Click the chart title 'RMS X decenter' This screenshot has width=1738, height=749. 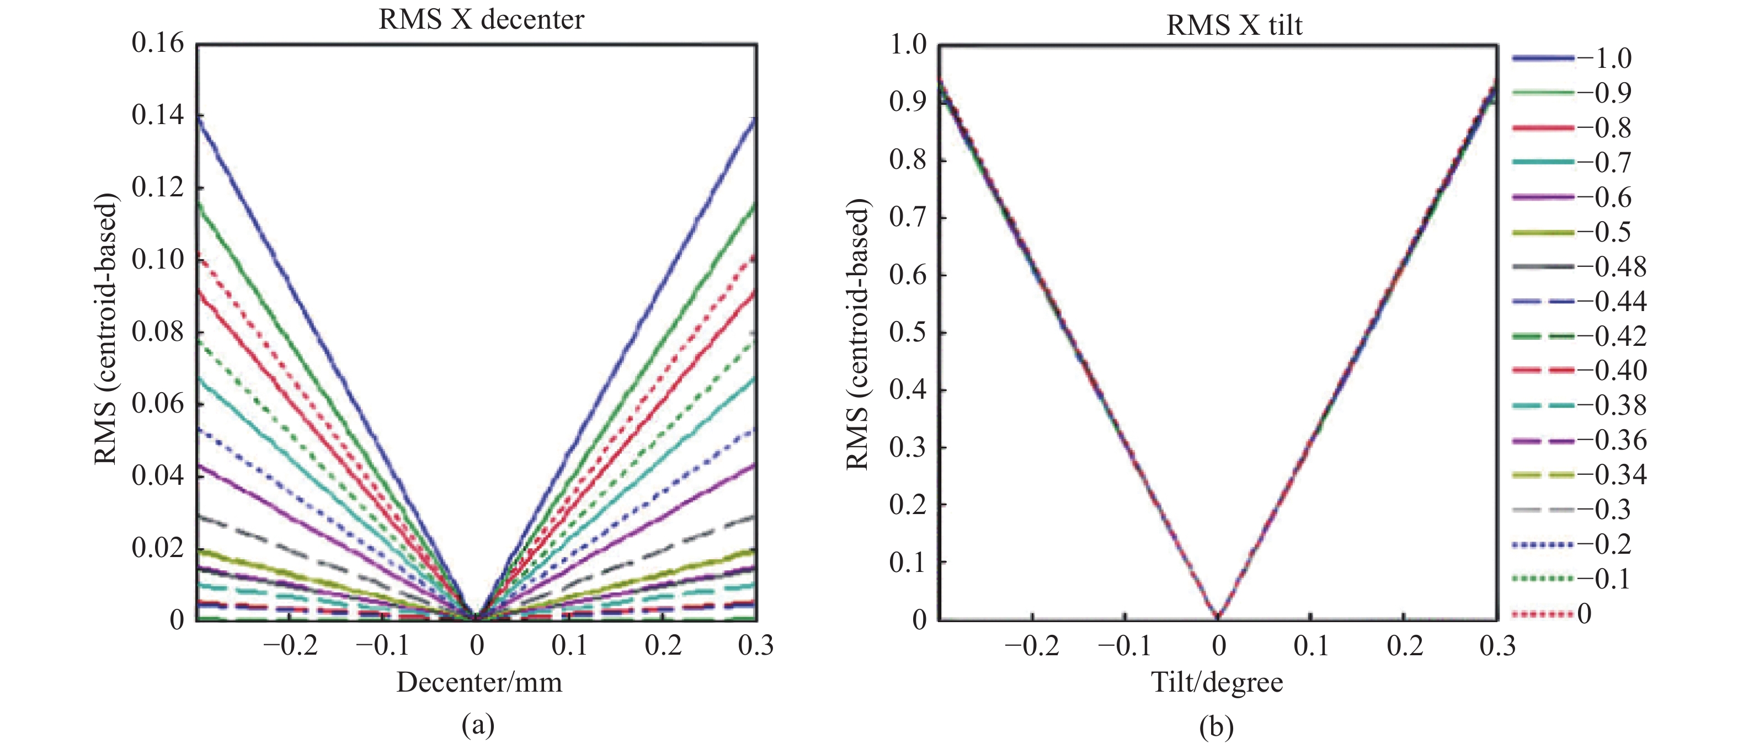click(x=481, y=19)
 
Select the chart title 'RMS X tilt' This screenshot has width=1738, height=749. click(x=1234, y=25)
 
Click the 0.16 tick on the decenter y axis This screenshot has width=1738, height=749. click(x=157, y=43)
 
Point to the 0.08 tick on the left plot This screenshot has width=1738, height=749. click(x=157, y=331)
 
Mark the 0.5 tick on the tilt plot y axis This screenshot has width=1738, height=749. click(x=908, y=333)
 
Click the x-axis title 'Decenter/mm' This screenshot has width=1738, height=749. click(x=479, y=682)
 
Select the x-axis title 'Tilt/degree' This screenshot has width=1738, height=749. click(x=1217, y=682)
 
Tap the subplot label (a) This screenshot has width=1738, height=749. click(x=478, y=725)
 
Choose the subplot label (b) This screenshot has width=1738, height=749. click(x=1217, y=727)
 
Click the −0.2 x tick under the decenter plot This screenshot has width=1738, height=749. click(x=290, y=646)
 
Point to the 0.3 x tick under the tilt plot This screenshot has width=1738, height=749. click(x=1497, y=646)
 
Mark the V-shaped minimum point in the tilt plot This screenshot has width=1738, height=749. click(x=1218, y=616)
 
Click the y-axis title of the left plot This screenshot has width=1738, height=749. click(x=105, y=329)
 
